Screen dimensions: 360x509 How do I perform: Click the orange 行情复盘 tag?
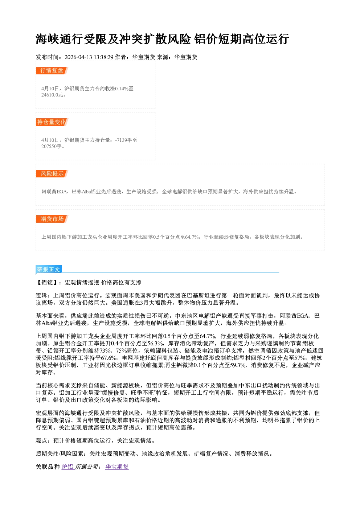(x=52, y=70)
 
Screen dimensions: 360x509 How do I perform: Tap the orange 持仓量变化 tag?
(x=52, y=122)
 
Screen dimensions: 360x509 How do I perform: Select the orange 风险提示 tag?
(x=52, y=174)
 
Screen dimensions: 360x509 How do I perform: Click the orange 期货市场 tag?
(x=52, y=219)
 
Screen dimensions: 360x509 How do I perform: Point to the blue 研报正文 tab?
(x=49, y=270)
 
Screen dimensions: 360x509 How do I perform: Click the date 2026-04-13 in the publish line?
(x=78, y=57)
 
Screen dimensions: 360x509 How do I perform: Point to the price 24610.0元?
(x=52, y=95)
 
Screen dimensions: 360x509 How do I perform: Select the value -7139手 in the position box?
(x=124, y=140)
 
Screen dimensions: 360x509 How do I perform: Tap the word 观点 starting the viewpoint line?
(x=41, y=440)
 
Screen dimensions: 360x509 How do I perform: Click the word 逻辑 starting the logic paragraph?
(x=41, y=295)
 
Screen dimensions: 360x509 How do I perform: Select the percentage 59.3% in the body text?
(x=238, y=365)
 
